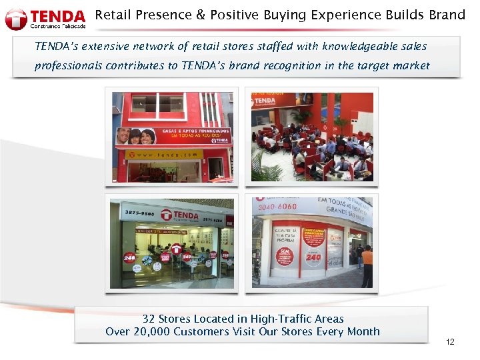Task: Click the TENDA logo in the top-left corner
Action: [x=45, y=19]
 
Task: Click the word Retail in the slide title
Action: [x=113, y=15]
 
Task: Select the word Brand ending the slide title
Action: [x=447, y=15]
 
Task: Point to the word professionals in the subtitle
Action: [x=69, y=66]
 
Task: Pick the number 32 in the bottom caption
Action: [x=149, y=319]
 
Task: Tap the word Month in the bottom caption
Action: [x=363, y=332]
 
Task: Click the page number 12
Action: [x=450, y=342]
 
